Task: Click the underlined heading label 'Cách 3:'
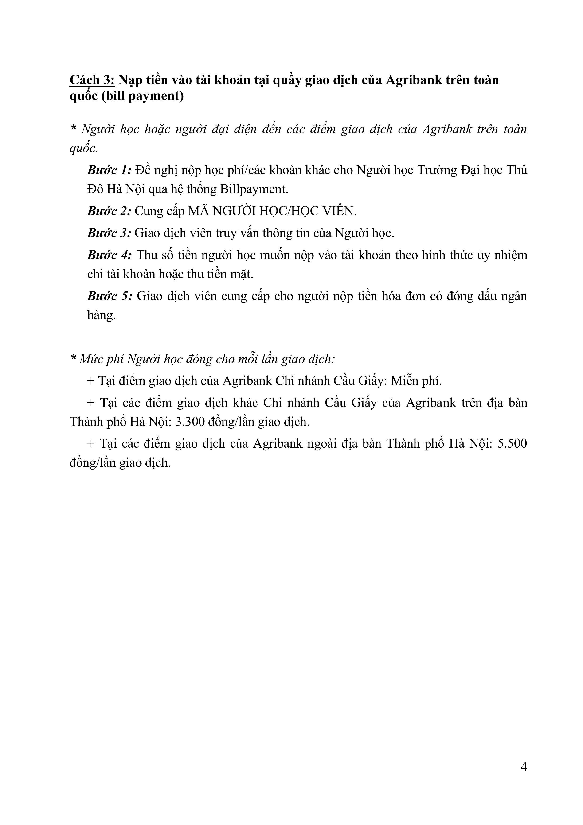(92, 80)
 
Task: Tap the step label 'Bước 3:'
(110, 233)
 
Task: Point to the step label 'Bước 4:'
(110, 255)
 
